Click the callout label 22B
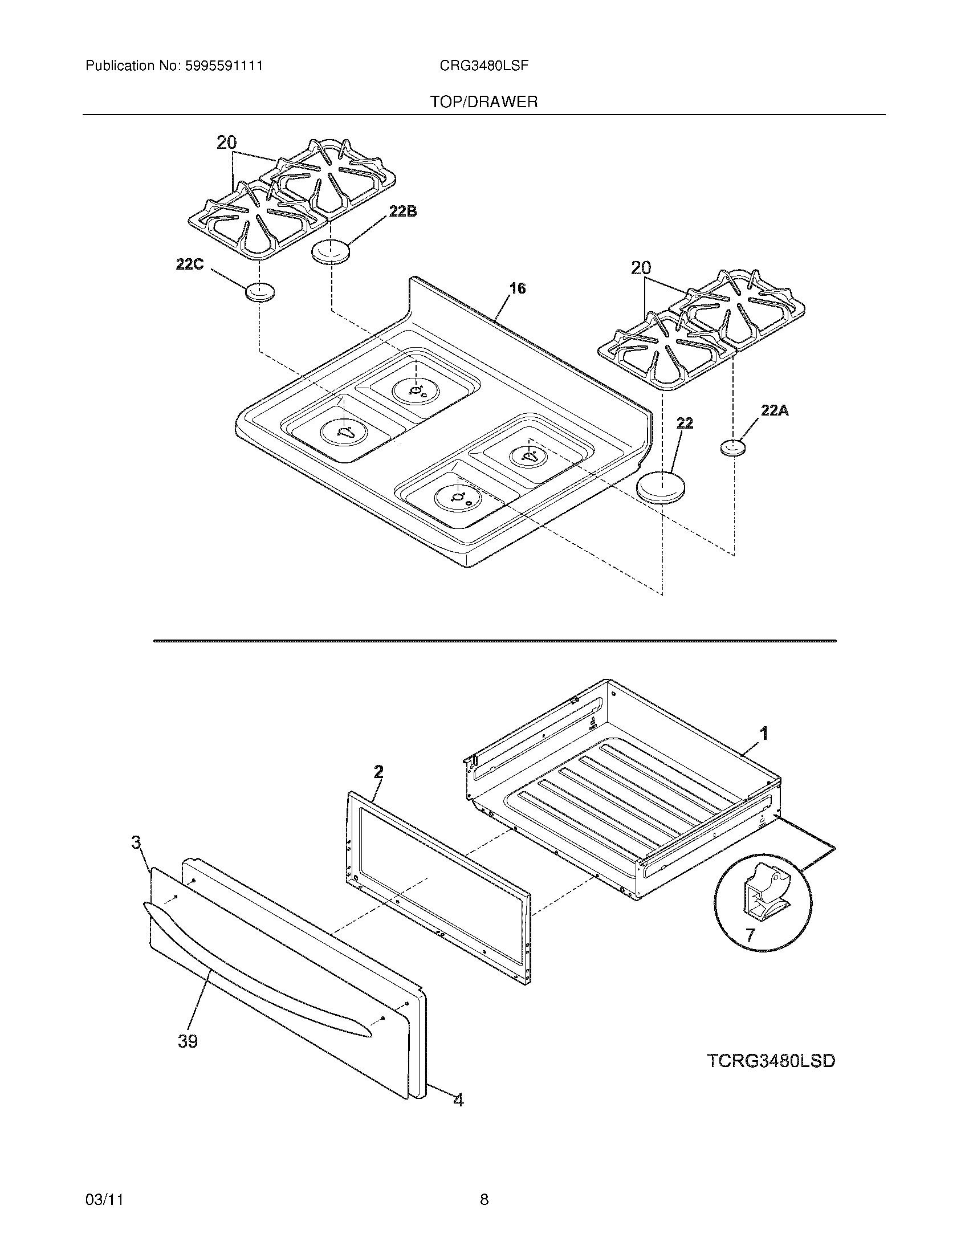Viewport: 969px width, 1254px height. tap(402, 211)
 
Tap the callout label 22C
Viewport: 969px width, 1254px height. tap(190, 264)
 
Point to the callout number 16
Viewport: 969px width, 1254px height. tap(518, 288)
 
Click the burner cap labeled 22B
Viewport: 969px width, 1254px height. tap(330, 252)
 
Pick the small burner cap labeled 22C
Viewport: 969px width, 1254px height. tap(259, 292)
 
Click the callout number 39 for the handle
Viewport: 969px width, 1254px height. tap(188, 1041)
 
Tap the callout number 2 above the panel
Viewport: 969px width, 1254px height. tap(378, 771)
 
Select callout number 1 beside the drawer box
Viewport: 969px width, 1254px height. tap(763, 732)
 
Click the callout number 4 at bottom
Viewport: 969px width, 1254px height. tap(458, 1099)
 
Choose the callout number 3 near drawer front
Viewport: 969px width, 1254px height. tap(136, 842)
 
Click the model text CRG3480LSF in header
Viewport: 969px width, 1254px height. tap(483, 66)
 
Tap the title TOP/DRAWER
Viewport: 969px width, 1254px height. tap(484, 102)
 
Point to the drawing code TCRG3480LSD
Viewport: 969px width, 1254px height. tap(771, 1061)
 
